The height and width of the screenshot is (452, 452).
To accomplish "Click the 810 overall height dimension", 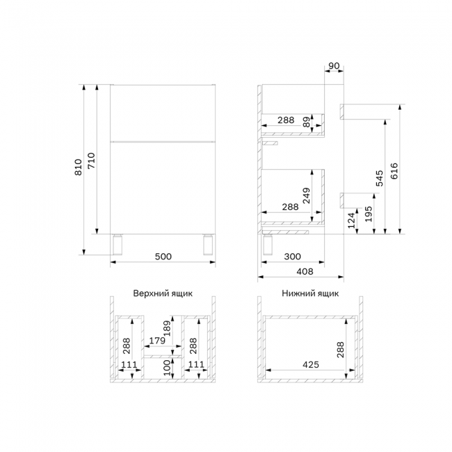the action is tap(79, 167).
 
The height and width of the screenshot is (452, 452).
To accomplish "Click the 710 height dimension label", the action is tap(91, 161).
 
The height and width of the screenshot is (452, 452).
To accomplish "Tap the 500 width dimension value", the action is tap(163, 257).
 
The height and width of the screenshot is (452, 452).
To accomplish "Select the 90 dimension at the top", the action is tap(334, 66).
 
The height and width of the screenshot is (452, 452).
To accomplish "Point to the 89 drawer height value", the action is tap(307, 122).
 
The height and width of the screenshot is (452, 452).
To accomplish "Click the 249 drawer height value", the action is tap(307, 195).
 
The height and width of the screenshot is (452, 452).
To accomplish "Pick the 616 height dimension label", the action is tap(394, 171).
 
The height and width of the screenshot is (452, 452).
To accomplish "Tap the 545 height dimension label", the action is tap(380, 178).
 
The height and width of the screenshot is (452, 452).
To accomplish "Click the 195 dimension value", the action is tap(369, 214).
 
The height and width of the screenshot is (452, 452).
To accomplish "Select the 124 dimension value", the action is tap(351, 220).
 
